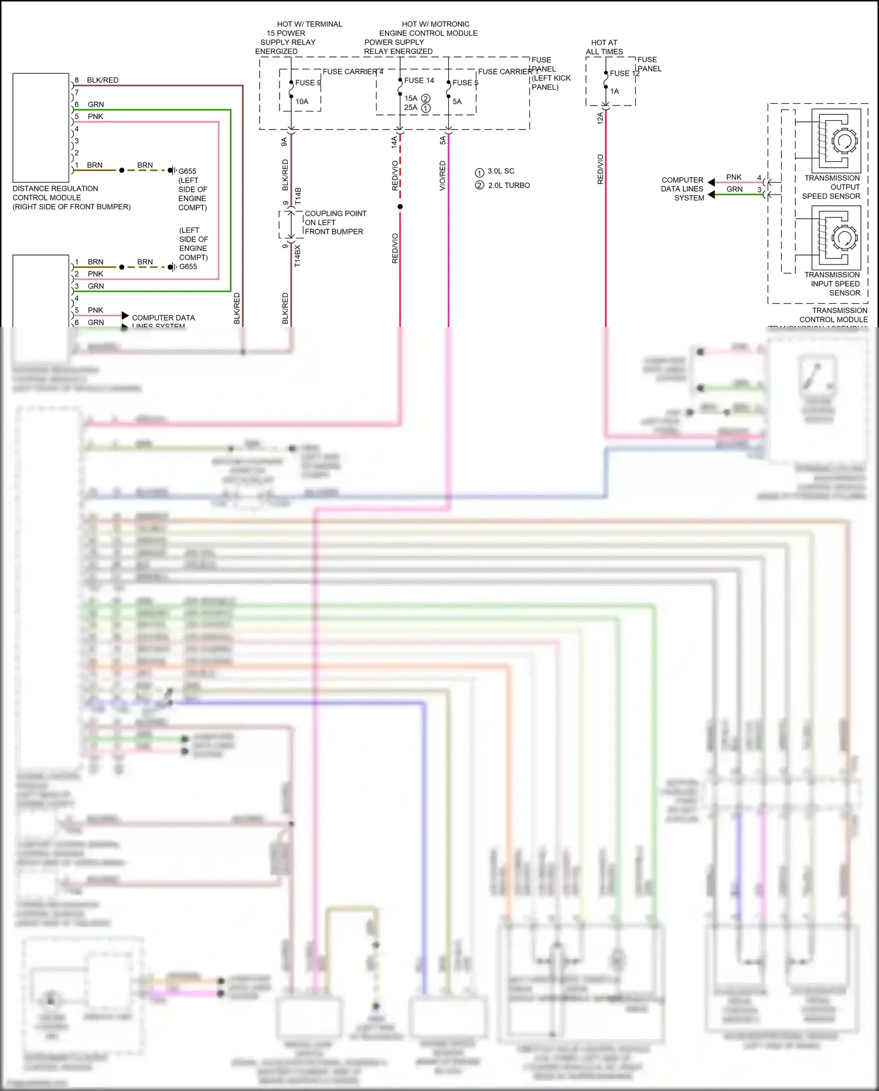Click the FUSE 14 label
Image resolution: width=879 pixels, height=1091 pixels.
coord(419,80)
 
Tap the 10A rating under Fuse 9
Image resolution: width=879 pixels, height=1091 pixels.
coord(302,101)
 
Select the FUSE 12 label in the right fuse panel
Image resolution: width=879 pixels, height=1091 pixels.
coord(624,73)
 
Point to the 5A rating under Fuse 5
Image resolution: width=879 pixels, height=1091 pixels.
coord(457,101)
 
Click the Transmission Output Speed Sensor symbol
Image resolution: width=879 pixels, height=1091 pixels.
coord(836,141)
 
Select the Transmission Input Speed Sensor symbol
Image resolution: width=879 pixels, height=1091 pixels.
coord(836,237)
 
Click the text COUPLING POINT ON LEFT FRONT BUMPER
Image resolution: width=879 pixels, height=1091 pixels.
coord(335,222)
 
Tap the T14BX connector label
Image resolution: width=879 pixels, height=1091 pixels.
coord(297,256)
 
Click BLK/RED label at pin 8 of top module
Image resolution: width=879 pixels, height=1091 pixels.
coord(103,80)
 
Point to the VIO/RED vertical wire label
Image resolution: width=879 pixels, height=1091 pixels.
coord(442,175)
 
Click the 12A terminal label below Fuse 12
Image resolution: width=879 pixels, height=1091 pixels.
coord(599,118)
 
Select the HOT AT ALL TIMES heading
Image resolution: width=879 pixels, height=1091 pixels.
coord(604,47)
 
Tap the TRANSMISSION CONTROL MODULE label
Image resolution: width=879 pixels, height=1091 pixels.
coord(833,315)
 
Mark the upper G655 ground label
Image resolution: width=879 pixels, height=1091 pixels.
coord(188,171)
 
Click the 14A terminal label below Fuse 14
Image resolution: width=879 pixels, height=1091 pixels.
coord(394,141)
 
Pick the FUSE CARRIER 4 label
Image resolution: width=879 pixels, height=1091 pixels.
coord(353,72)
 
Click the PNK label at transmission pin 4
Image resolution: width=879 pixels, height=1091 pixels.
coord(734,177)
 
